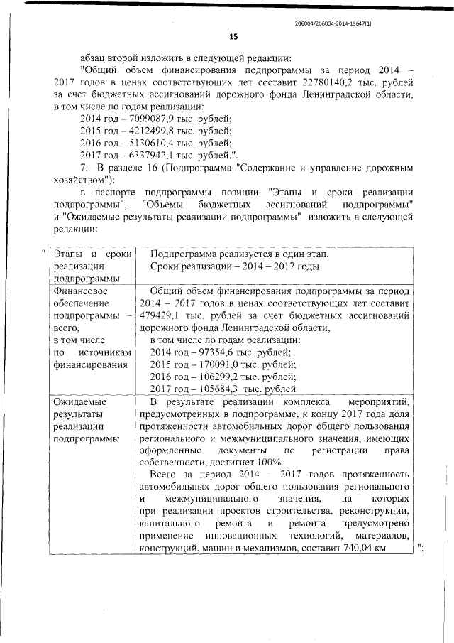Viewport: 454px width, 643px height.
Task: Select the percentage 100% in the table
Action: (x=269, y=462)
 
